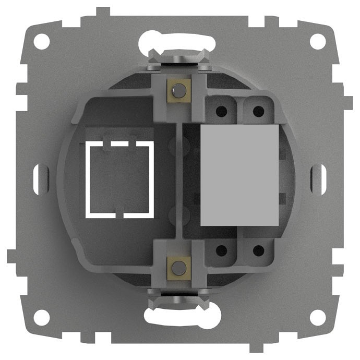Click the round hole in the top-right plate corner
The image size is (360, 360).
[x=317, y=40]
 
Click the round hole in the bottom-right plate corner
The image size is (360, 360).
[x=317, y=317]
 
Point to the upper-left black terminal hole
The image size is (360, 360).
[x=221, y=111]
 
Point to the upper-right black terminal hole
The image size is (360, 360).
[x=257, y=111]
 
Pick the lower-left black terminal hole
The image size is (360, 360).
[x=221, y=250]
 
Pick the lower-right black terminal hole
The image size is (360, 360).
[x=257, y=250]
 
